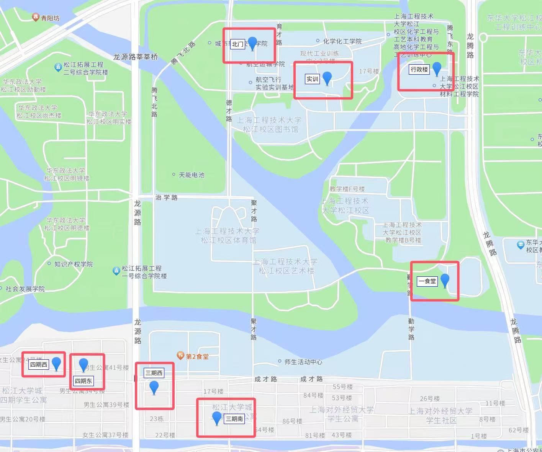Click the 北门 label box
click(x=237, y=44)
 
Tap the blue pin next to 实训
click(x=327, y=78)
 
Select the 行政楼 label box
click(x=419, y=69)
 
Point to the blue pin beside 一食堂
click(x=445, y=281)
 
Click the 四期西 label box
click(x=39, y=364)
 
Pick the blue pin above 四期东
click(x=83, y=365)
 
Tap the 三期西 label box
click(x=154, y=373)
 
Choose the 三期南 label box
click(x=234, y=419)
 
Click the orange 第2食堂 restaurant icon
click(x=180, y=356)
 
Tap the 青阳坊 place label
click(x=50, y=18)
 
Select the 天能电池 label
click(x=192, y=175)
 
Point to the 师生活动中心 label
click(x=303, y=362)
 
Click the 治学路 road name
click(x=166, y=197)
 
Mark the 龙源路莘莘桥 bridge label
click(x=136, y=57)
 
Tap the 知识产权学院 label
click(x=73, y=264)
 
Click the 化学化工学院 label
click(x=342, y=41)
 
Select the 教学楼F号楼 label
click(x=347, y=189)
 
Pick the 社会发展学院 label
click(x=25, y=289)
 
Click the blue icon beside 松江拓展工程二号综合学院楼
click(x=58, y=67)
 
